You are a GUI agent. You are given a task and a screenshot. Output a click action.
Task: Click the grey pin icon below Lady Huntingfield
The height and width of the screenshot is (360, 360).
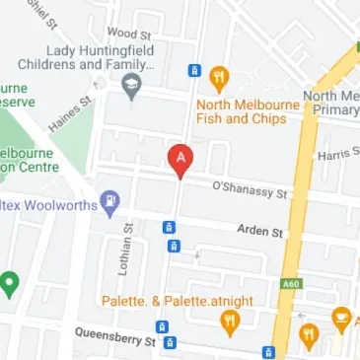(130, 88)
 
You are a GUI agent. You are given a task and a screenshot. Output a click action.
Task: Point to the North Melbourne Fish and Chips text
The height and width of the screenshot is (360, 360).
(243, 110)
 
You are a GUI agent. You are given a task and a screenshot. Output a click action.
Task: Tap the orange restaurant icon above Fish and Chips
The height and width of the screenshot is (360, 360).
(220, 76)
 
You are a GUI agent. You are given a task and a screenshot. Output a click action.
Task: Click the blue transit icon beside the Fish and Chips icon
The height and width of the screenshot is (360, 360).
(194, 71)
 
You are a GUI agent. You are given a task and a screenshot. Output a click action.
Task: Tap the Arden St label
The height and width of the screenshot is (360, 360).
(260, 232)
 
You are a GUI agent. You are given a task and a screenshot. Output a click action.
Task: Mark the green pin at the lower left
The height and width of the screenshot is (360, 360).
(11, 285)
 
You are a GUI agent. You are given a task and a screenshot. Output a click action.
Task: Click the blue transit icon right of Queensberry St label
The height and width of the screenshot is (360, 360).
(171, 342)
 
